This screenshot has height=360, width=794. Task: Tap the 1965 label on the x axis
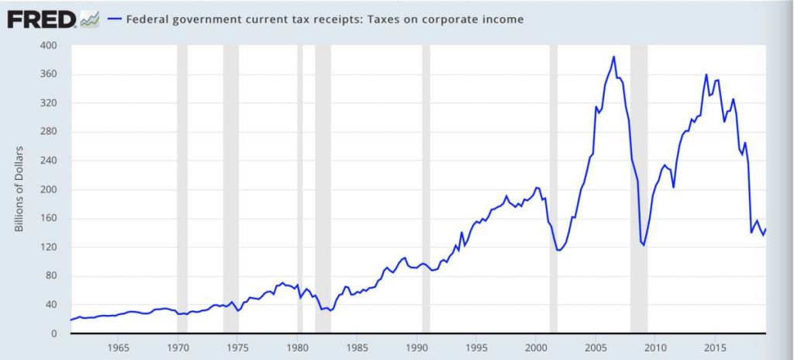(x=118, y=347)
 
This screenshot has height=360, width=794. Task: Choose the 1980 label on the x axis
(x=297, y=347)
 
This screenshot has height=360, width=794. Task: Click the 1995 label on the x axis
(x=476, y=347)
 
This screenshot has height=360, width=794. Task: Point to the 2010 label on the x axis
(x=655, y=347)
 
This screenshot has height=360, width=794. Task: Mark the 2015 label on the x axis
(x=715, y=347)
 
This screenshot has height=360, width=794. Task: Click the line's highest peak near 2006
(x=613, y=57)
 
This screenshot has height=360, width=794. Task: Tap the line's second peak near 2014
(x=706, y=75)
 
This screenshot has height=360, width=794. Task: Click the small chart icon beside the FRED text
(x=89, y=19)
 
